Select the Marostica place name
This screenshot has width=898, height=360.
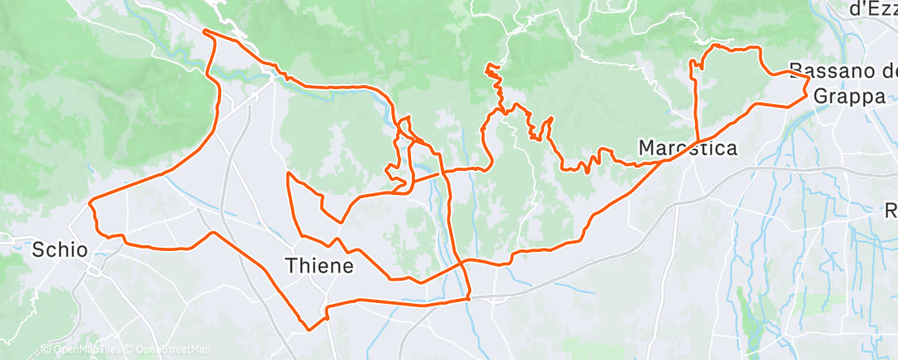click(x=688, y=148)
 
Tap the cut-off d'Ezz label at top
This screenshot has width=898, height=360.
click(x=873, y=9)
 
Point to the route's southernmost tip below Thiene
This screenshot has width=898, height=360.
click(x=309, y=329)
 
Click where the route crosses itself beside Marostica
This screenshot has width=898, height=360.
click(x=697, y=141)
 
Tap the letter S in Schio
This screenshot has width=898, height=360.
click(x=38, y=249)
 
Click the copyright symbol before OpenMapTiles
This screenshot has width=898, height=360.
click(x=45, y=350)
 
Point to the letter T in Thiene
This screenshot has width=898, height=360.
click(x=291, y=266)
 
